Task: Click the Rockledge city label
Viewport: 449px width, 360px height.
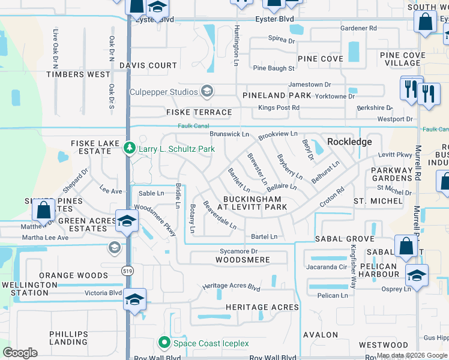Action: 349,142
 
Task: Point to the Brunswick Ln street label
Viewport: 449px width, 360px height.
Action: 229,134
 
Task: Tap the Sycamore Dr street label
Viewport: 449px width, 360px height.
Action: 238,251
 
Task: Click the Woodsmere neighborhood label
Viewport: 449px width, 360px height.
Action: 243,260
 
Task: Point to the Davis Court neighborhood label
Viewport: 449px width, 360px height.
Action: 148,65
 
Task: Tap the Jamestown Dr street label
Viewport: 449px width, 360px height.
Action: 310,85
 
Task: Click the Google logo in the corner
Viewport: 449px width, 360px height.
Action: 20,353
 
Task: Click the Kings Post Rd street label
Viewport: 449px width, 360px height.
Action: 279,107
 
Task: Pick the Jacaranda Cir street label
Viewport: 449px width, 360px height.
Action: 327,266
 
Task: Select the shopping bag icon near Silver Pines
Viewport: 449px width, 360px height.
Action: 44,210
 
